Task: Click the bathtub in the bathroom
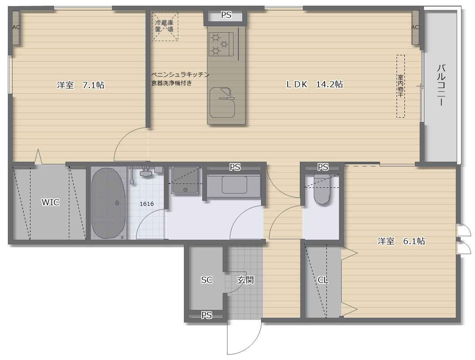coord(109,203)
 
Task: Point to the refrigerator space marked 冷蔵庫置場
coord(165,26)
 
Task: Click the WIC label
coord(51,202)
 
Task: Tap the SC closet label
coord(207,280)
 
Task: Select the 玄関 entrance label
coord(245,280)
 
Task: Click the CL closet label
coord(323,280)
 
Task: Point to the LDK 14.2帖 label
coord(314,85)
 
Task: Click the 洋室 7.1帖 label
coord(80,85)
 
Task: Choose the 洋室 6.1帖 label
coord(401,241)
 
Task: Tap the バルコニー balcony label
coord(441,85)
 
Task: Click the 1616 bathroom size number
coord(146,204)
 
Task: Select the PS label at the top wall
coord(226,15)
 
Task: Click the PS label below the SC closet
coord(207,315)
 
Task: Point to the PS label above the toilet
coord(323,167)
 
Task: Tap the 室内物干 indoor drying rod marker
coord(400,86)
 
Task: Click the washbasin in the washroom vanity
coord(234,185)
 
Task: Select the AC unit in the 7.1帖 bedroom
coord(16,27)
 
